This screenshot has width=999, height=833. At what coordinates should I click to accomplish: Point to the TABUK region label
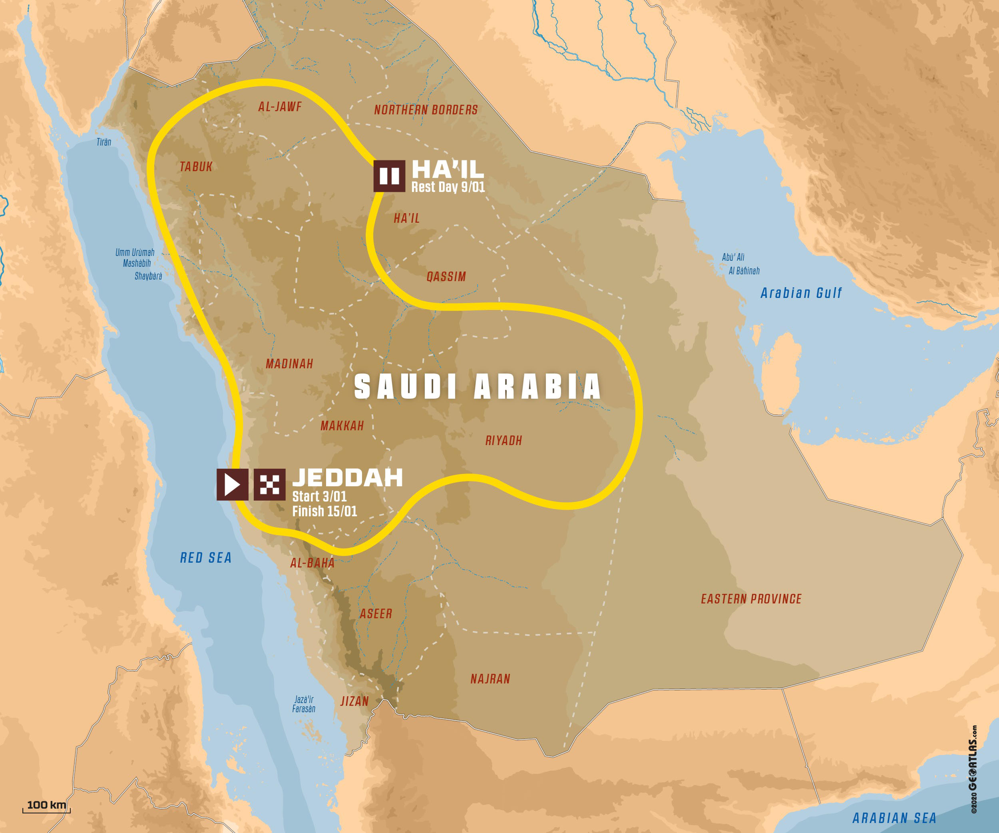pyautogui.click(x=196, y=167)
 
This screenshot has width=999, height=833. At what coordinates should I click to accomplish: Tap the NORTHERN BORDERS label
pyautogui.click(x=426, y=110)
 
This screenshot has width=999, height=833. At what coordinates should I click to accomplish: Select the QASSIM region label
pyautogui.click(x=446, y=277)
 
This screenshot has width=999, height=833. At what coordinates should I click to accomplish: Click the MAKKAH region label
pyautogui.click(x=342, y=425)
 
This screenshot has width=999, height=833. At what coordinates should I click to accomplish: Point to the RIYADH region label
pyautogui.click(x=503, y=441)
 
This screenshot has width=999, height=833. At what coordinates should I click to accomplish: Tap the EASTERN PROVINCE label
pyautogui.click(x=751, y=599)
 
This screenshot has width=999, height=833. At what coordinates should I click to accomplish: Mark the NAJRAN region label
pyautogui.click(x=490, y=679)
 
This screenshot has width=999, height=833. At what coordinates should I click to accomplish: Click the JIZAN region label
pyautogui.click(x=354, y=701)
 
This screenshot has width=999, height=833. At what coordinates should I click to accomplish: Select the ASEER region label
pyautogui.click(x=376, y=614)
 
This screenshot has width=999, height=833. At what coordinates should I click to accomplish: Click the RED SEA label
pyautogui.click(x=206, y=558)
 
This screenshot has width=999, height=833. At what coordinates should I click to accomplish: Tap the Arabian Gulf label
pyautogui.click(x=801, y=293)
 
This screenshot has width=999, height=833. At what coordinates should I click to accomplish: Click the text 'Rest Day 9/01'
pyautogui.click(x=448, y=187)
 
